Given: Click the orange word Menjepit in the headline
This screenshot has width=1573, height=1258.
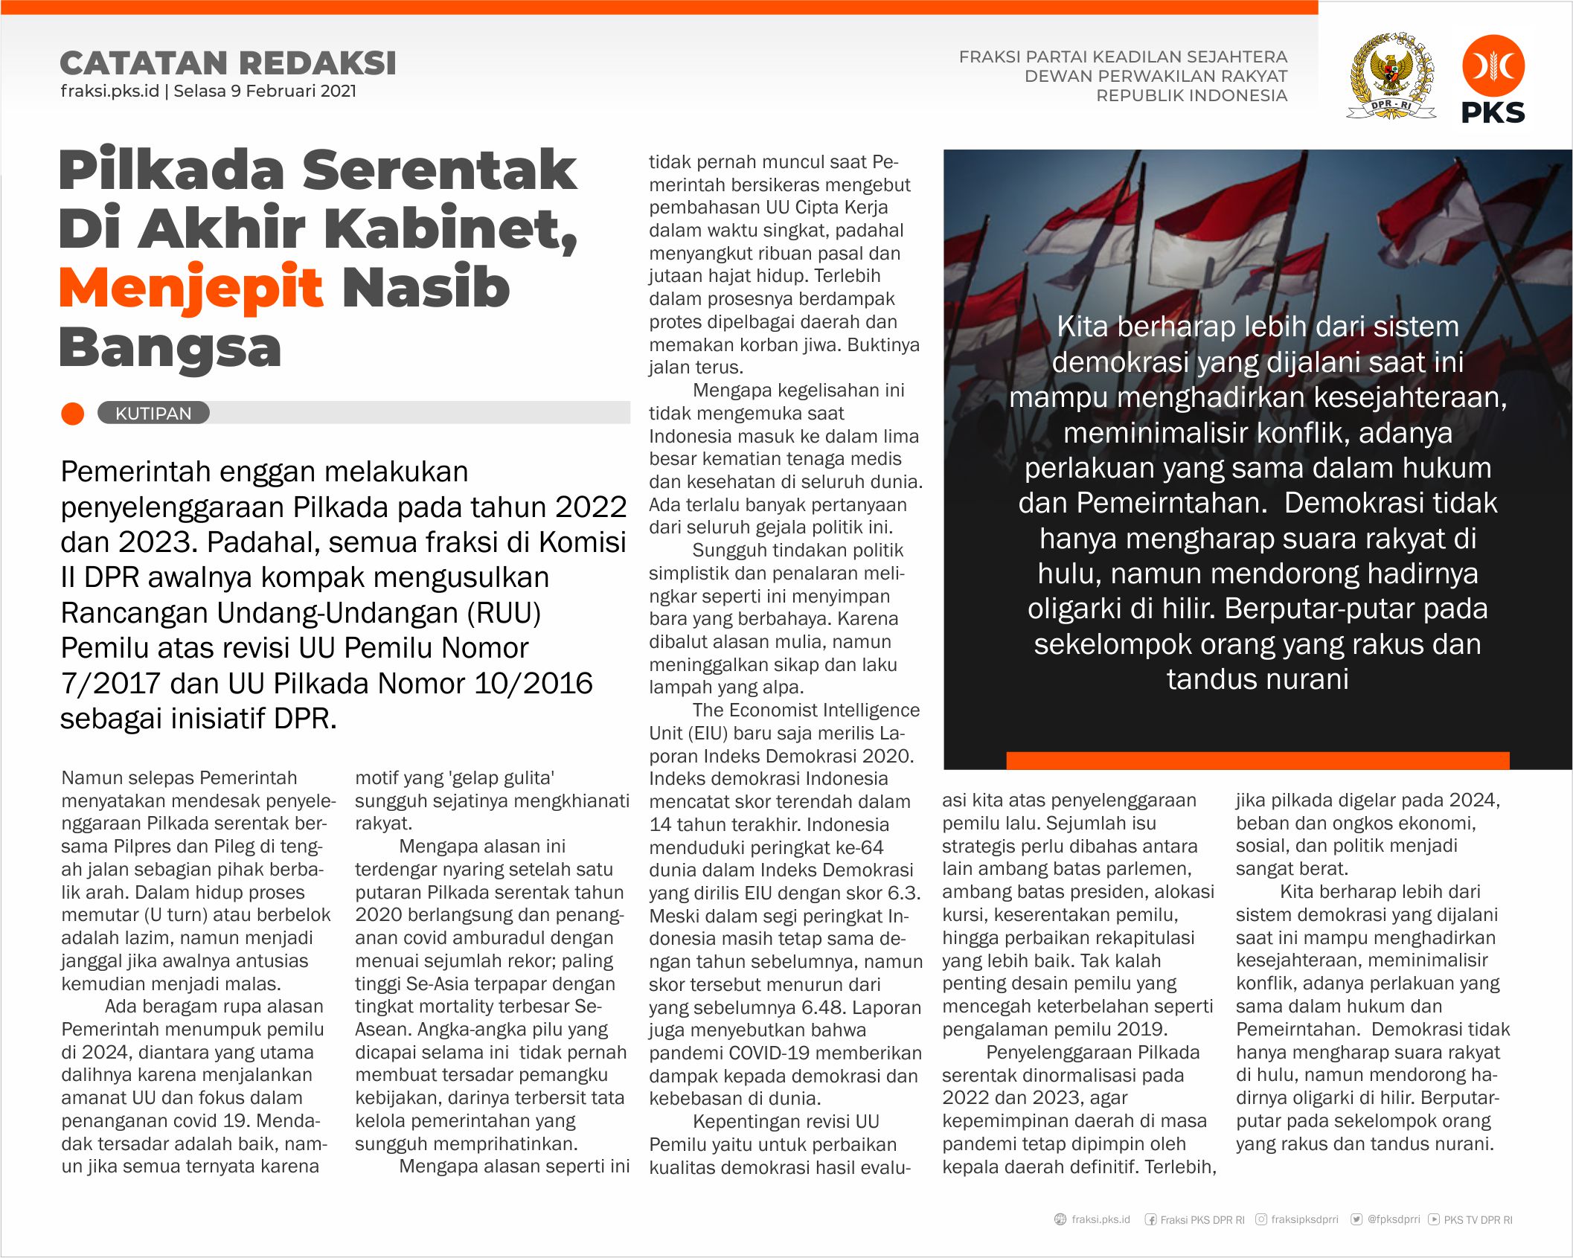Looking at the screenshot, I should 190,289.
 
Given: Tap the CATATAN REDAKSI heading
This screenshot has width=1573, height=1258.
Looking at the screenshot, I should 228,63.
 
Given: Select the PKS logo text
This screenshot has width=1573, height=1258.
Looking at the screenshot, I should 1493,113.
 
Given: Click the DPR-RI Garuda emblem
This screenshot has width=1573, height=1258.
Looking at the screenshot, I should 1391,76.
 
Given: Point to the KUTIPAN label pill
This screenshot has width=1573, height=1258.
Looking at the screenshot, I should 153,414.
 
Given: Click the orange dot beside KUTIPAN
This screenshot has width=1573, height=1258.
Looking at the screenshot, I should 73,414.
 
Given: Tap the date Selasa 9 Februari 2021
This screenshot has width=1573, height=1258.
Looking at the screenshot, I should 265,92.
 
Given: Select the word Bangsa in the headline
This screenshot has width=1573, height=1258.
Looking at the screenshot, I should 170,348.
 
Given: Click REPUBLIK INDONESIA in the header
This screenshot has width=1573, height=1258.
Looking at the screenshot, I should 1191,96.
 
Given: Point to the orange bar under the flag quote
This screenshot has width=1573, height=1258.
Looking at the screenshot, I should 1258,760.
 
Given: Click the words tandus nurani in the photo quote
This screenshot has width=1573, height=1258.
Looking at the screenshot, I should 1258,679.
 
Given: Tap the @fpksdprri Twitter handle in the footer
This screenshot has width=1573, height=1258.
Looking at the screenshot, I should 1393,1219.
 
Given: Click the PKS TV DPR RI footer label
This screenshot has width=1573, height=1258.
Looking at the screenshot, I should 1478,1220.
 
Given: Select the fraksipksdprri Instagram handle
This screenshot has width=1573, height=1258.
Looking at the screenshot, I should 1304,1219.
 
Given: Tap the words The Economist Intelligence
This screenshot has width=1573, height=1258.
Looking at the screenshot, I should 806,710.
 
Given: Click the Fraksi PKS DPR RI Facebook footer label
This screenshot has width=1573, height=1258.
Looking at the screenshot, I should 1202,1220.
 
